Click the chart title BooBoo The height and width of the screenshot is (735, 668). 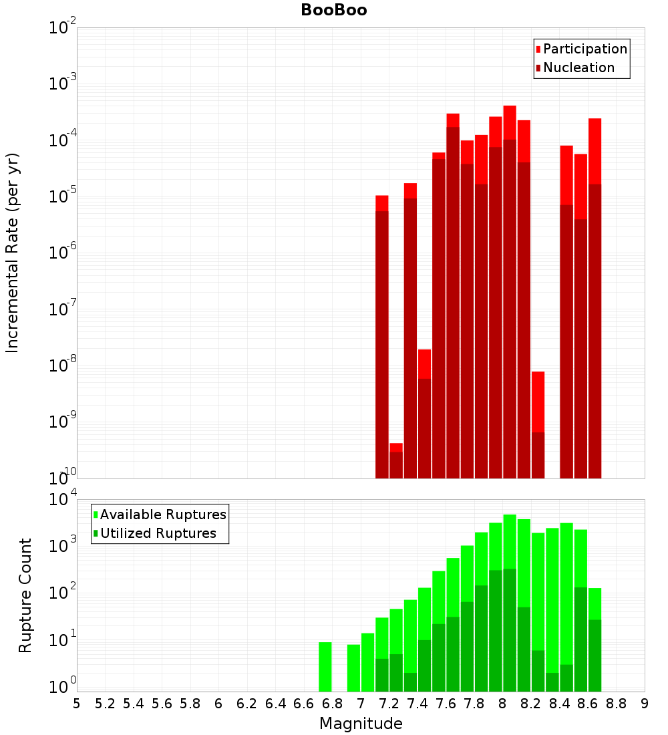coord(333,11)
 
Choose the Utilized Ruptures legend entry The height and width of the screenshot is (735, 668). coord(158,533)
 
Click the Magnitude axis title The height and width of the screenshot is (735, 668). coord(361,724)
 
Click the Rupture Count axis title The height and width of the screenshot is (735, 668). coord(25,595)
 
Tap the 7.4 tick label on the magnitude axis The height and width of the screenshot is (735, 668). coord(417,704)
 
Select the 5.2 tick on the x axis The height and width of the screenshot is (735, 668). coord(105,704)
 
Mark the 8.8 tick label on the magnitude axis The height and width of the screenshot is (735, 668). coord(616,704)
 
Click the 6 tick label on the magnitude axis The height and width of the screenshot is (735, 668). coord(218,704)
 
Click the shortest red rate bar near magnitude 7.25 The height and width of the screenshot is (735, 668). coord(396,461)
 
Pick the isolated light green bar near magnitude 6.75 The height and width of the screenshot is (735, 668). coord(325,667)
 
